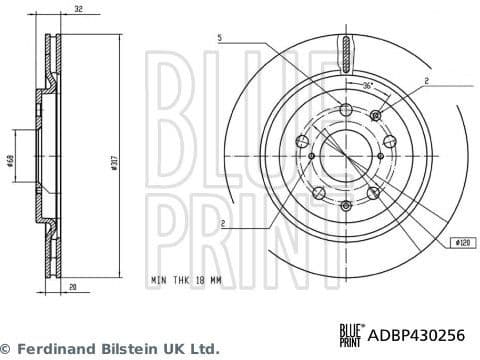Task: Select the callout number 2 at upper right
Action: tap(426, 80)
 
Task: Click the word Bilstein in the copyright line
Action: tap(129, 349)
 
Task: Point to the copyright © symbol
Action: tap(9, 349)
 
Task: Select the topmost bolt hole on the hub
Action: tap(345, 111)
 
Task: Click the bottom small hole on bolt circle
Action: tap(345, 206)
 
